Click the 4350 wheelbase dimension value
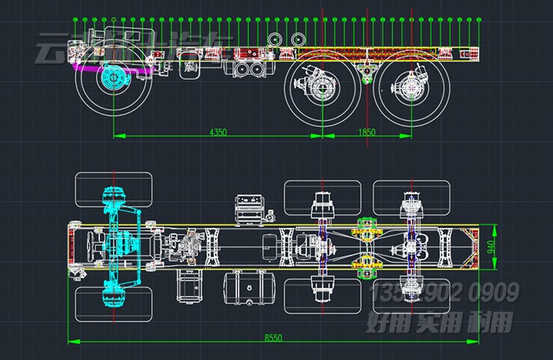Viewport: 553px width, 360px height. tap(218, 132)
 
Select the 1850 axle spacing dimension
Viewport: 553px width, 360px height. tap(367, 132)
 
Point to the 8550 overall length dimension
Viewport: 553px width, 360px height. tap(273, 337)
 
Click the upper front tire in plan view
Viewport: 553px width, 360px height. tap(113, 187)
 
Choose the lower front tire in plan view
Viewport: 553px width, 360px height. tap(113, 304)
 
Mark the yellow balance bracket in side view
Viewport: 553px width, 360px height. tap(366, 71)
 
